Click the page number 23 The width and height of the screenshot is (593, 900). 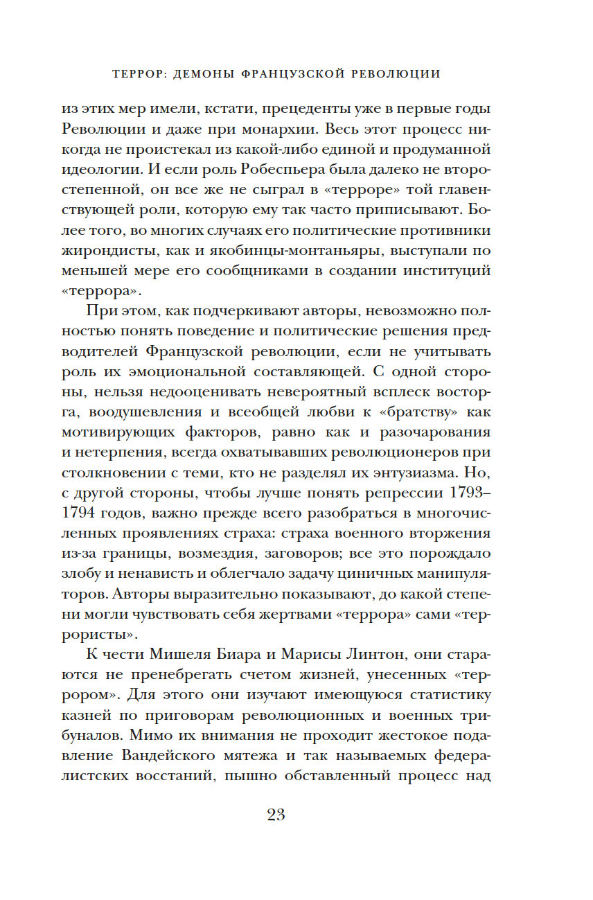point(276,814)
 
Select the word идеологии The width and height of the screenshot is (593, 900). point(107,168)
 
